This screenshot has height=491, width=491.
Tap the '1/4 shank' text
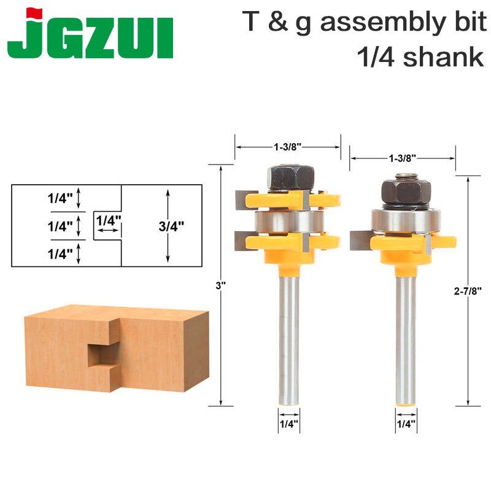tap(419, 57)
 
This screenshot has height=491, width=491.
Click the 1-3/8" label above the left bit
tap(287, 147)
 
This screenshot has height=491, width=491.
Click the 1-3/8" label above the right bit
tap(403, 158)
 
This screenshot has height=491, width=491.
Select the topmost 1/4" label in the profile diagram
tap(60, 198)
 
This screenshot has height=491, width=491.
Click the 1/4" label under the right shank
tap(405, 423)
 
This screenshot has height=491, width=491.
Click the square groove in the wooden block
tap(101, 355)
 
